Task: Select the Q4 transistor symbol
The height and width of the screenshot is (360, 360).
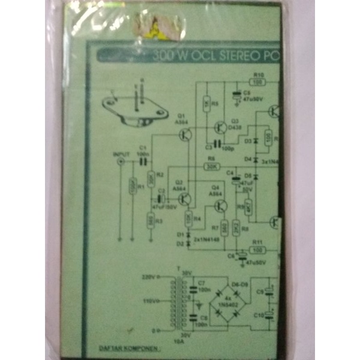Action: [220, 206]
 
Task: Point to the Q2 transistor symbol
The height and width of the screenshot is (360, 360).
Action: [187, 197]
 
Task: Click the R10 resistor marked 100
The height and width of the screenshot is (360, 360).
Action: [258, 81]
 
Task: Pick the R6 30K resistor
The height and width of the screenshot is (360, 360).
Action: [211, 166]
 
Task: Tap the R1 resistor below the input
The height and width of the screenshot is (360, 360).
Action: [132, 188]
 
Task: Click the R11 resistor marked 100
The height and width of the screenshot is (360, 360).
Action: [257, 248]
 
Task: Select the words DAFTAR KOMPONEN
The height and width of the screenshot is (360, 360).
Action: [122, 348]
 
